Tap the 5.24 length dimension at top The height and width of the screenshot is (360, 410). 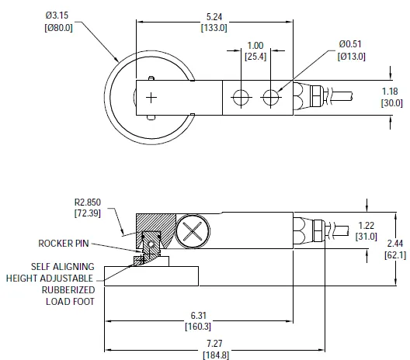click(215, 16)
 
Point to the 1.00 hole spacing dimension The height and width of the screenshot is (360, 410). click(255, 46)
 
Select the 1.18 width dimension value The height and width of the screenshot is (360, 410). click(391, 92)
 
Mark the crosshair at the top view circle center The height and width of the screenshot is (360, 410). click(151, 96)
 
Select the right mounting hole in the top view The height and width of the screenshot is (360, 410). click(270, 97)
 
